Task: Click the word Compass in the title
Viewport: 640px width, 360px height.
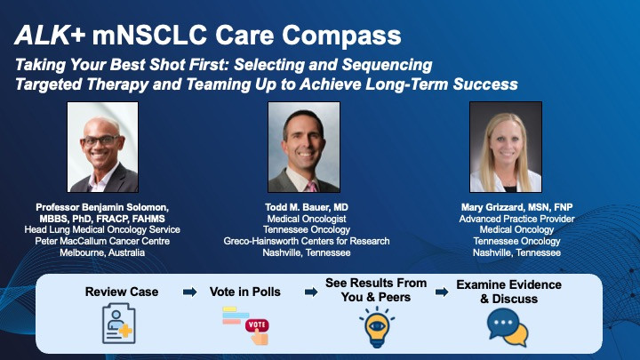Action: tap(341, 36)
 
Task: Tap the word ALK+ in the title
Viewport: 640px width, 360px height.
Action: tap(50, 35)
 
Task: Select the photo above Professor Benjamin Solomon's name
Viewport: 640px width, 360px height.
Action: tap(102, 147)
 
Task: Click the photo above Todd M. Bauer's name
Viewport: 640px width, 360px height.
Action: tap(304, 147)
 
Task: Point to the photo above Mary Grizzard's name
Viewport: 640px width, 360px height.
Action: tap(506, 147)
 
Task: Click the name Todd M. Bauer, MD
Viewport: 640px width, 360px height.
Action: tap(307, 207)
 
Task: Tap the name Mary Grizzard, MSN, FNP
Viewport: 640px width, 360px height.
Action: tap(516, 207)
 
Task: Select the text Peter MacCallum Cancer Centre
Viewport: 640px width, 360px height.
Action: tap(102, 241)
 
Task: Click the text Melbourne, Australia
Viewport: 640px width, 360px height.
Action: tap(102, 252)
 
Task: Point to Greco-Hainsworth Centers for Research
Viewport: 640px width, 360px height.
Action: tap(307, 241)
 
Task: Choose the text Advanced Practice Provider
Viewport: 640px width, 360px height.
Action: tap(516, 219)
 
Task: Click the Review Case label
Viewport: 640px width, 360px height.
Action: tap(122, 292)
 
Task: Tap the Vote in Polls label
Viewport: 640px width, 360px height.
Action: tap(245, 292)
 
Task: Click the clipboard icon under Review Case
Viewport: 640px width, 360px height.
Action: tap(118, 324)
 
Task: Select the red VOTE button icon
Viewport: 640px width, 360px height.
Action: tap(257, 325)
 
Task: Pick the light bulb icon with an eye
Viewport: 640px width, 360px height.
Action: tap(376, 327)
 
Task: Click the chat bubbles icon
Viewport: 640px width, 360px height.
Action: tap(508, 327)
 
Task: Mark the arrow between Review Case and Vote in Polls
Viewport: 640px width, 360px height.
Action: tap(190, 292)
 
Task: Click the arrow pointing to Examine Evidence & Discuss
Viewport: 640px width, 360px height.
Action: tap(442, 292)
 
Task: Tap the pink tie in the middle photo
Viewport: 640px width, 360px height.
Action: tap(312, 187)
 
